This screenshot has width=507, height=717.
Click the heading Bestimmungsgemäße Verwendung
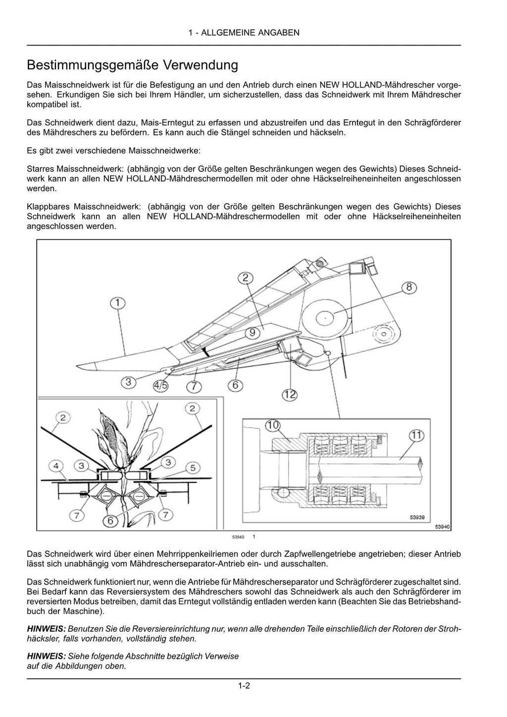[x=132, y=65]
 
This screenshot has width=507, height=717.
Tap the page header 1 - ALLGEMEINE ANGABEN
[x=244, y=33]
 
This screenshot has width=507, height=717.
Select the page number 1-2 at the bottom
[x=244, y=686]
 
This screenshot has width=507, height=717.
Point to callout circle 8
[x=409, y=287]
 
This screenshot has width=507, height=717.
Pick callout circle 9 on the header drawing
[x=252, y=332]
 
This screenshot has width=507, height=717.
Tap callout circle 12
[x=290, y=394]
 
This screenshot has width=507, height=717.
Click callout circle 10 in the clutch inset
[x=272, y=426]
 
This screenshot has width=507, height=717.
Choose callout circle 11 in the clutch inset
[x=416, y=436]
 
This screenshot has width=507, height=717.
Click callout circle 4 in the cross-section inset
[x=56, y=466]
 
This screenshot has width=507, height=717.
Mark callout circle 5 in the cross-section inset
[x=193, y=467]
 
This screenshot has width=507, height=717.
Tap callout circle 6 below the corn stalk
[x=111, y=520]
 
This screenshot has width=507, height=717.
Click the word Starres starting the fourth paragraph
[x=41, y=169]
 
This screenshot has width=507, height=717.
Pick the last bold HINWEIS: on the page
[x=46, y=656]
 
